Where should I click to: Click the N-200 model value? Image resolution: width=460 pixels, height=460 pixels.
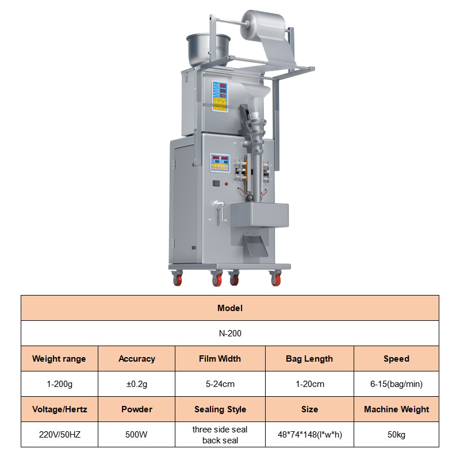(230, 333)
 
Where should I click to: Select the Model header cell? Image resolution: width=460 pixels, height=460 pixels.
(230, 308)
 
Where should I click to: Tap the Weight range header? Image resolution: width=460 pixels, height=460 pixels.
(59, 359)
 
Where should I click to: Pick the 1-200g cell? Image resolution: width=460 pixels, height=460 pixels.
(59, 384)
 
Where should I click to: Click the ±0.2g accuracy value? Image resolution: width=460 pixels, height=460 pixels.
(137, 384)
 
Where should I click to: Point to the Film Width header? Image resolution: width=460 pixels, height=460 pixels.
(220, 359)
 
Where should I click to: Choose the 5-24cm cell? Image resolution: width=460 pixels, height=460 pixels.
(220, 384)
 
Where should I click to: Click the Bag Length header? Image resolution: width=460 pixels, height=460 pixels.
(309, 359)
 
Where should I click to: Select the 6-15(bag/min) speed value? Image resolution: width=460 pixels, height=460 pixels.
(396, 384)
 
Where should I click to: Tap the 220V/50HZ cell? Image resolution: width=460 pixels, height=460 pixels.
(59, 435)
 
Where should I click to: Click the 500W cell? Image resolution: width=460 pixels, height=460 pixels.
(137, 435)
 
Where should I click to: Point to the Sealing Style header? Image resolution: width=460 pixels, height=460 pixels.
(220, 409)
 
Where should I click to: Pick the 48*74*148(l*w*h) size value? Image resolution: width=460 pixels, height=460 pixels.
(309, 435)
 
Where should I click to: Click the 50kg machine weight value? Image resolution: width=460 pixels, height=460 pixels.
(396, 435)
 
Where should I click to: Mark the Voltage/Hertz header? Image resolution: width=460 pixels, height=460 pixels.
(59, 409)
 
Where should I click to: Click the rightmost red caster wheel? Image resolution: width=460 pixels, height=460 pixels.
(275, 280)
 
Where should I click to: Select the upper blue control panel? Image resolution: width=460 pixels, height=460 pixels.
(220, 95)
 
